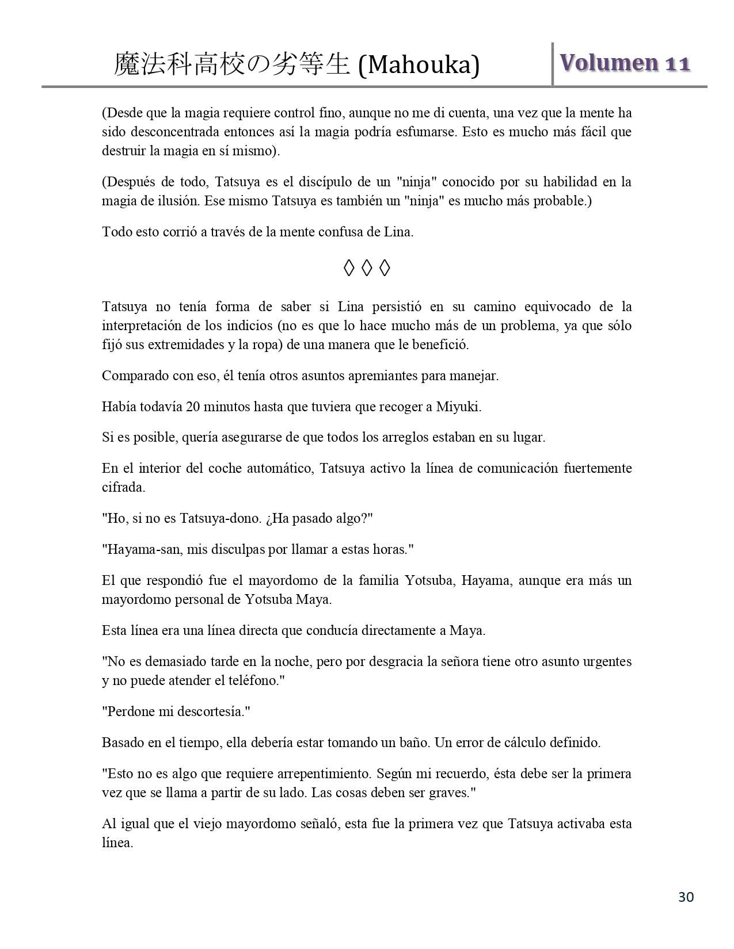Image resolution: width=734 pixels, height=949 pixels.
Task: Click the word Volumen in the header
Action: pyautogui.click(x=609, y=63)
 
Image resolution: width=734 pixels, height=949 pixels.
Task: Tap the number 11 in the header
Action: pyautogui.click(x=678, y=63)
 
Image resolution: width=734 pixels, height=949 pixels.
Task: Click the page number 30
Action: pyautogui.click(x=686, y=897)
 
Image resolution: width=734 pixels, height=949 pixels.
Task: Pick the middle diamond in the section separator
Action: pyautogui.click(x=367, y=267)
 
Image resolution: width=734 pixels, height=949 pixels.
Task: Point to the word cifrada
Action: pyautogui.click(x=123, y=487)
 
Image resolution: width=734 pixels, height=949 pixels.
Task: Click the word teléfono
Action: pyautogui.click(x=253, y=680)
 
